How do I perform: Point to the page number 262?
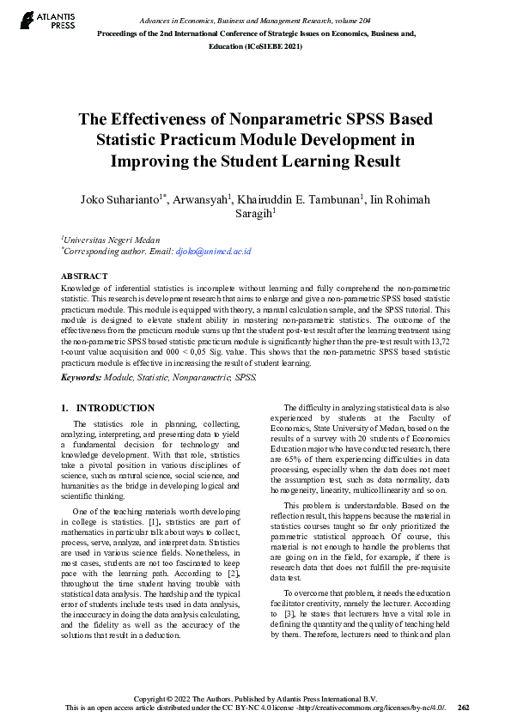[463, 708]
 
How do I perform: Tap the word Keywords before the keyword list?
[82, 377]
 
